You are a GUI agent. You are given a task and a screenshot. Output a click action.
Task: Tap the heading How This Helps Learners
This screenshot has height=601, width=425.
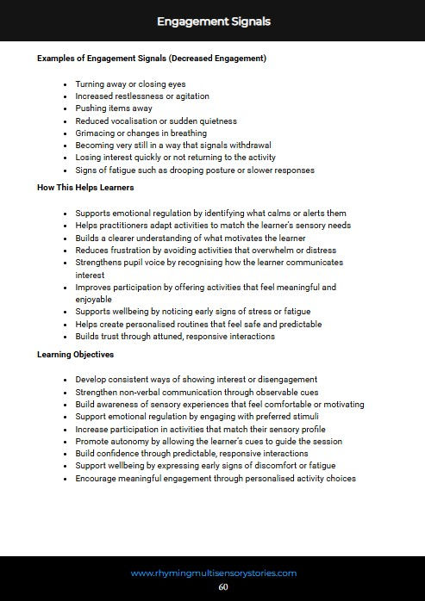(85, 187)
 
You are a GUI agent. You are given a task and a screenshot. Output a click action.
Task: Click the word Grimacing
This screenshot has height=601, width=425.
(96, 133)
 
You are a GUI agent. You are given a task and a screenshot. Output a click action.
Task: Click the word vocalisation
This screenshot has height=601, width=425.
(134, 121)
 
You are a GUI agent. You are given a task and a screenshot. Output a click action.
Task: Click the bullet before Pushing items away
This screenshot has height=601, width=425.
(66, 108)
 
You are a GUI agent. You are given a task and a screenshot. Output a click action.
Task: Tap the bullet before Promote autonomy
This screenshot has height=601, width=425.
(66, 442)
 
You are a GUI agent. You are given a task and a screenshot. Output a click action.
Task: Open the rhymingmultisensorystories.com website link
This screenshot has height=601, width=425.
(214, 572)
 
